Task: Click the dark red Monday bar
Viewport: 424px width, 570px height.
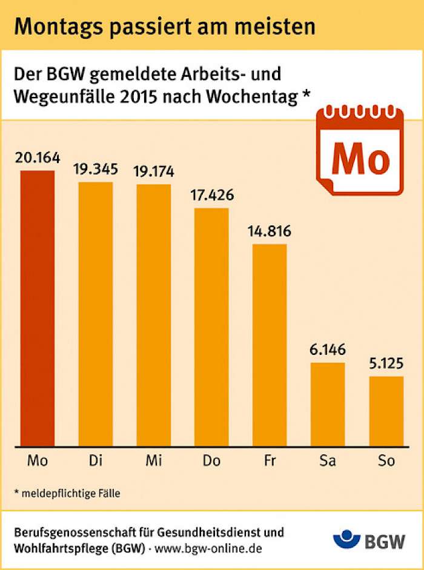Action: coord(38,308)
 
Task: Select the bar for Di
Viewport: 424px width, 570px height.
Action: coord(96,314)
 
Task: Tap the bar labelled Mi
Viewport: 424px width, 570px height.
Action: coord(154,315)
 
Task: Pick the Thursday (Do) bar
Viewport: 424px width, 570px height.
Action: coord(211,327)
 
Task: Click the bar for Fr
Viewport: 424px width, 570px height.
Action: coord(270,345)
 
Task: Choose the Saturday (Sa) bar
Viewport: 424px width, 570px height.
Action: coord(328,404)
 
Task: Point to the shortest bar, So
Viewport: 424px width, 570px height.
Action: coord(386,411)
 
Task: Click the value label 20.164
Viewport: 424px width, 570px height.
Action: coord(38,158)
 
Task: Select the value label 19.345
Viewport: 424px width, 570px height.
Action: coord(96,170)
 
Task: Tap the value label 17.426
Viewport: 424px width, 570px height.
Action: coord(212,196)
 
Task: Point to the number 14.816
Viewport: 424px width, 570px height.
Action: coord(270,231)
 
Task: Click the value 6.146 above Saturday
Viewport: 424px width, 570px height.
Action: coord(328,350)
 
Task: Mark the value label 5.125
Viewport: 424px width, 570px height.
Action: coord(386,364)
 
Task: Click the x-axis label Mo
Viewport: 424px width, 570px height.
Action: coord(38,461)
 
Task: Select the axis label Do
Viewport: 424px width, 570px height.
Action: coord(211,461)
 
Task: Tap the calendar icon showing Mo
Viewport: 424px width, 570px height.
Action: coord(360,151)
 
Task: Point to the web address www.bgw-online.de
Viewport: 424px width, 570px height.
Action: coord(208,548)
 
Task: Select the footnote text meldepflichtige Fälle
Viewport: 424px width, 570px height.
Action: coord(71,494)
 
